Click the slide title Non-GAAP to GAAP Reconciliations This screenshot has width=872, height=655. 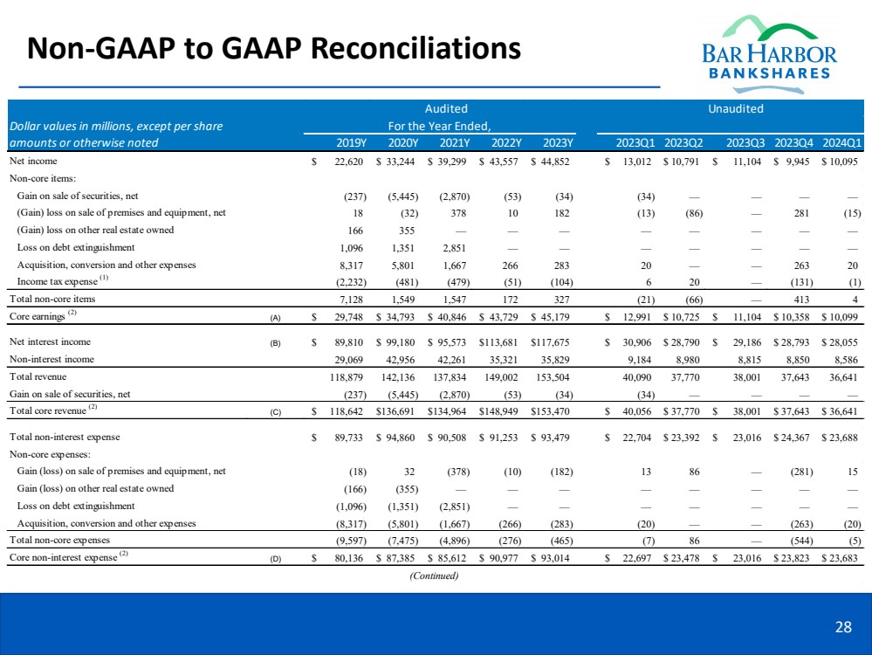click(x=274, y=47)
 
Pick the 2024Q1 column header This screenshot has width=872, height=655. click(x=842, y=143)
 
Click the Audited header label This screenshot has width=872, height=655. click(x=446, y=109)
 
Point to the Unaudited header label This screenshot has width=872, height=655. click(x=737, y=109)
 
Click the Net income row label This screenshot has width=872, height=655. click(x=35, y=162)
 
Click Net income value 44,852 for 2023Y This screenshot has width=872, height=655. click(x=554, y=162)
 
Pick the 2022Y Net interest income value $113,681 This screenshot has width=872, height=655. click(x=500, y=341)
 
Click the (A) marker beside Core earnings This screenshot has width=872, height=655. click(x=277, y=319)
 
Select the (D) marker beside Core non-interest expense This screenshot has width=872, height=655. click(x=277, y=557)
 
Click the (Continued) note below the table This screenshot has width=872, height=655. click(x=434, y=575)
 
